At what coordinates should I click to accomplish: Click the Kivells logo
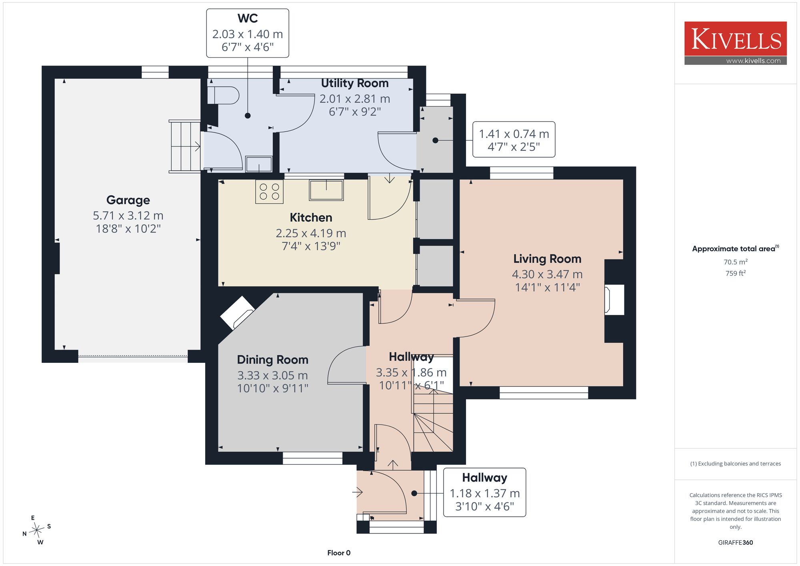(x=735, y=43)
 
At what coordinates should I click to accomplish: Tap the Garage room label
(x=128, y=200)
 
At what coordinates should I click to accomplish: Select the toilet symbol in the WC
(x=223, y=95)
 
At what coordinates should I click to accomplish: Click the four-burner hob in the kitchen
(x=270, y=192)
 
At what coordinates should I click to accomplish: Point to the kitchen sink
(x=326, y=190)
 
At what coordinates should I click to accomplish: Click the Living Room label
(x=547, y=259)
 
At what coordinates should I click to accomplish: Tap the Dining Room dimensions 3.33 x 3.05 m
(x=272, y=375)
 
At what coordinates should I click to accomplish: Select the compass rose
(x=37, y=530)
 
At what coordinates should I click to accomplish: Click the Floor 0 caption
(x=339, y=553)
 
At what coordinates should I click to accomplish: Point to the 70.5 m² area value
(x=736, y=262)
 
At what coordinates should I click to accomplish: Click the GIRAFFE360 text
(x=736, y=543)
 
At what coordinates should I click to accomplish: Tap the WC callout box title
(x=248, y=18)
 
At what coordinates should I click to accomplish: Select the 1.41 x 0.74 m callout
(x=514, y=140)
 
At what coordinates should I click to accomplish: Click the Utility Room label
(x=355, y=83)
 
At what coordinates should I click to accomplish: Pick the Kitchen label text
(x=311, y=218)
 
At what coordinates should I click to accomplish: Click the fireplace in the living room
(x=614, y=300)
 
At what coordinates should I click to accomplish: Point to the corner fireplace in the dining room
(x=238, y=312)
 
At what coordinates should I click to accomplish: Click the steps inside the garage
(x=184, y=146)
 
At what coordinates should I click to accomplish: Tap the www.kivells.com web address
(x=753, y=61)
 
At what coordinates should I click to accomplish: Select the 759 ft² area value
(x=736, y=273)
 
